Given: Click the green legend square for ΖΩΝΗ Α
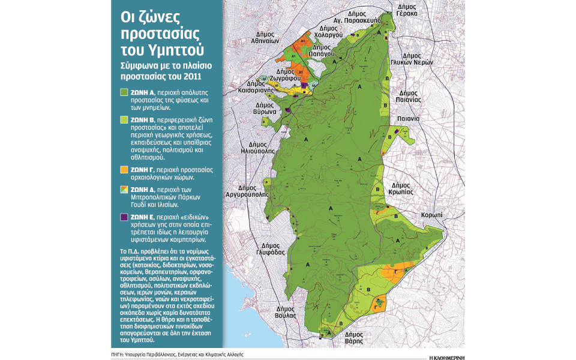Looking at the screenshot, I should click(x=124, y=93).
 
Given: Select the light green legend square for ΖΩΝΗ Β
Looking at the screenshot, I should click(x=124, y=120).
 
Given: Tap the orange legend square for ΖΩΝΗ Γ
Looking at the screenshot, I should click(x=124, y=170).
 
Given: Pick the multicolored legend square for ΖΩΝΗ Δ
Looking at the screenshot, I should click(x=124, y=189).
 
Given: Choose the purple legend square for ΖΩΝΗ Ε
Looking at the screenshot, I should click(x=124, y=217).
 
